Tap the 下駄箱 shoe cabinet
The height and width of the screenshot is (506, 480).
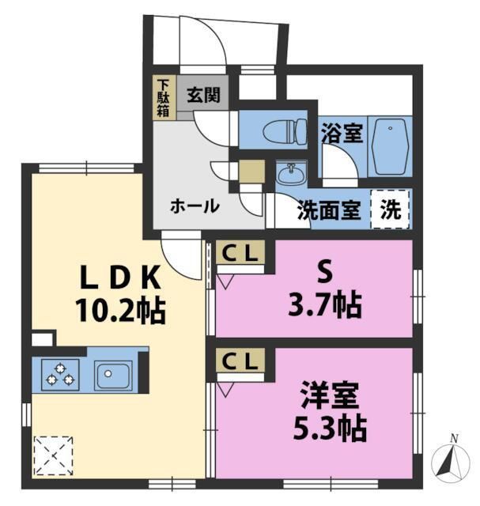pyautogui.click(x=163, y=98)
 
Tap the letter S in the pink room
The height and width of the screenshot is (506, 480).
pyautogui.click(x=323, y=270)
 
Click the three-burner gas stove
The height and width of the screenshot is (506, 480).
pyautogui.click(x=60, y=373)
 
